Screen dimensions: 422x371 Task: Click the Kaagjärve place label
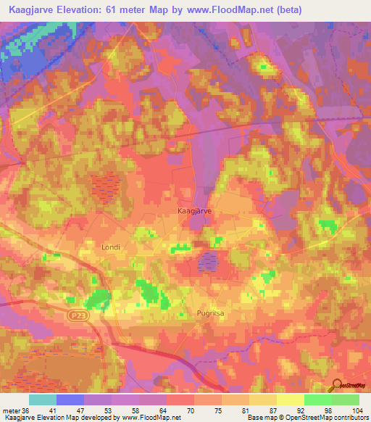click(194, 211)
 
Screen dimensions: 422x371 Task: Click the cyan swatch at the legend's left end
click(43, 400)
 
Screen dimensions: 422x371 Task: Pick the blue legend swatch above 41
click(70, 400)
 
